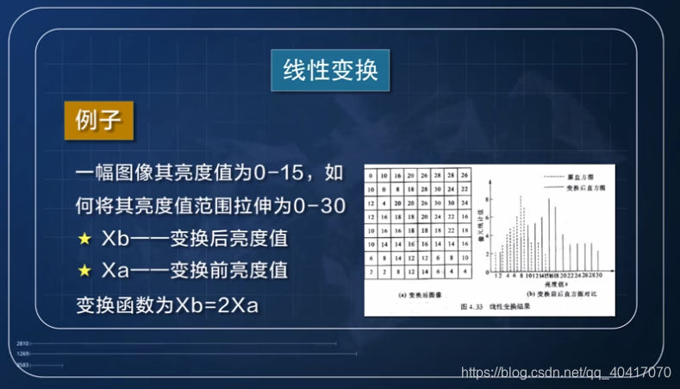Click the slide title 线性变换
[330, 70]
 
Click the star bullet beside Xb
[84, 237]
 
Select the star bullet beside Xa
[84, 270]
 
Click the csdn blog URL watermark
[566, 373]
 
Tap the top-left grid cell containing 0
[371, 173]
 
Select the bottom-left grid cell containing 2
[371, 273]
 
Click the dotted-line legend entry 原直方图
[577, 174]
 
